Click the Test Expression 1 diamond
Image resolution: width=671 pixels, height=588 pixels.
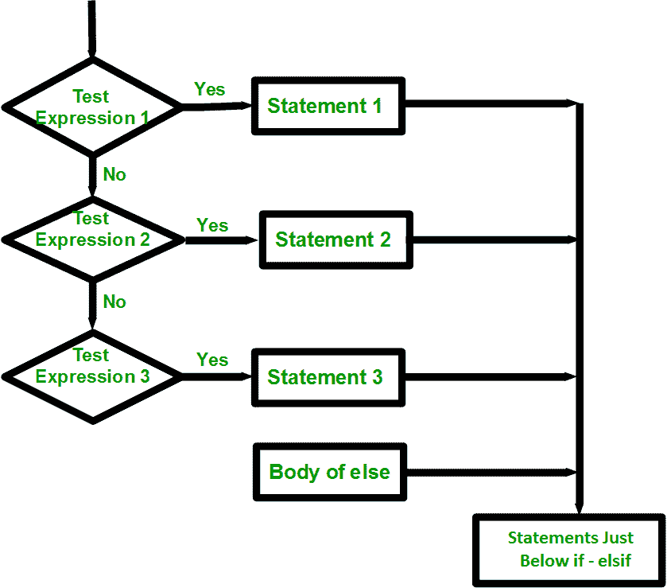(93, 107)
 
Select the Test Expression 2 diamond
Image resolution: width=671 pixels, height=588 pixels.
(93, 236)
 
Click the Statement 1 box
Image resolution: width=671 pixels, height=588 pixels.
(328, 105)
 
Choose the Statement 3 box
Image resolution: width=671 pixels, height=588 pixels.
(328, 376)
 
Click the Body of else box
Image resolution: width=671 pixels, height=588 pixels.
(330, 471)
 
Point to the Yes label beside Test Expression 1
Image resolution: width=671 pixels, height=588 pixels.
(210, 89)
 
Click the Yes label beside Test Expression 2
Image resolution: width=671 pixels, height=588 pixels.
(212, 225)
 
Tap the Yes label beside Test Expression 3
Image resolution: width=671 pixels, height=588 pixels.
(212, 360)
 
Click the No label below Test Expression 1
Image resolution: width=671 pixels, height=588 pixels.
(114, 174)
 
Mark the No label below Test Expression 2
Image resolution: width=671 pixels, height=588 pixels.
(114, 302)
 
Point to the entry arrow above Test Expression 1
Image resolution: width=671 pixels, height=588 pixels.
(92, 28)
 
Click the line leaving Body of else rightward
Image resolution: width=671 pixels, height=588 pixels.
(489, 471)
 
